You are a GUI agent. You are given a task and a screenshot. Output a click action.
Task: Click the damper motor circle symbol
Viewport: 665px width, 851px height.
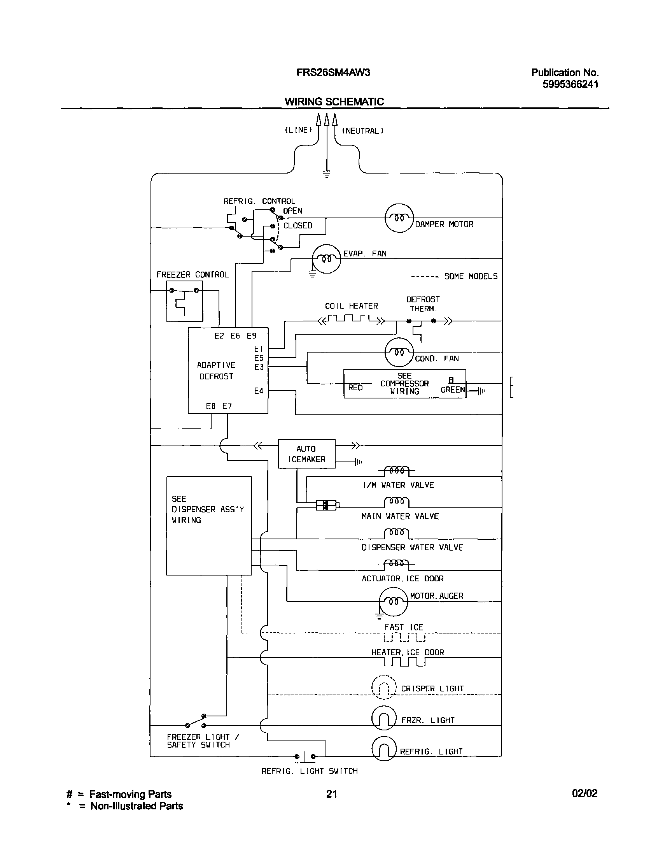coord(399,218)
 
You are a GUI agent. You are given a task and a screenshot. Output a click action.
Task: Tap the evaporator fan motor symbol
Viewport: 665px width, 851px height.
coord(326,259)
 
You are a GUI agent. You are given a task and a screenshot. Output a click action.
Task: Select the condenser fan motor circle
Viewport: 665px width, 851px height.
coord(399,352)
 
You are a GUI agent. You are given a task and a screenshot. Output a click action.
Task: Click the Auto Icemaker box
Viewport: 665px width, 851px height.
coord(306,454)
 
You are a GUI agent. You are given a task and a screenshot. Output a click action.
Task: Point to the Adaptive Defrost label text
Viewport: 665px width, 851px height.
coord(216,370)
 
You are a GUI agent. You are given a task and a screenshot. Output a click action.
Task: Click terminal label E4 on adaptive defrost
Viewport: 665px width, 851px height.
coord(259,391)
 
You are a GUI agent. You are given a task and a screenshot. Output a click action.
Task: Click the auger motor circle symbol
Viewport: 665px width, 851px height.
coord(393,601)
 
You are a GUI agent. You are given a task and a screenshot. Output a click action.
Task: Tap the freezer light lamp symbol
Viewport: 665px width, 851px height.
coord(384,718)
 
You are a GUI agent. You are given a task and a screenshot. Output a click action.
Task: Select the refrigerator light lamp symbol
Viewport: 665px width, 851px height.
coord(384,749)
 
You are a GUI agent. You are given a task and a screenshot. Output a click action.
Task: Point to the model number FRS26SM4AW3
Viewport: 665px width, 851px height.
coord(333,72)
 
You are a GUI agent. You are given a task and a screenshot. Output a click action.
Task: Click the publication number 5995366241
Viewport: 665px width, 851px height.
coord(570,84)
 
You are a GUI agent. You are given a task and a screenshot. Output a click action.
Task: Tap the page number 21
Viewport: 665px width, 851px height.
coord(331,794)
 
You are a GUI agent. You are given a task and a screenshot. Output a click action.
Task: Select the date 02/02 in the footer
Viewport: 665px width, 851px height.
coord(584,793)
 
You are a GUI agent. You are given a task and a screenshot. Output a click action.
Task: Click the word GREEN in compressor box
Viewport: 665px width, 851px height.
coord(452,390)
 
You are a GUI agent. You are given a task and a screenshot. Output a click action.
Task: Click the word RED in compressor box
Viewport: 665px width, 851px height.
coord(355,388)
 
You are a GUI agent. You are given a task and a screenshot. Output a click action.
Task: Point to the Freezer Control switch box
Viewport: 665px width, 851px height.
coord(185,301)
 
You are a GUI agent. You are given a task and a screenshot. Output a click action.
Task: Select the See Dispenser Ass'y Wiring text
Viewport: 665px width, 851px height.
coord(208,509)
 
